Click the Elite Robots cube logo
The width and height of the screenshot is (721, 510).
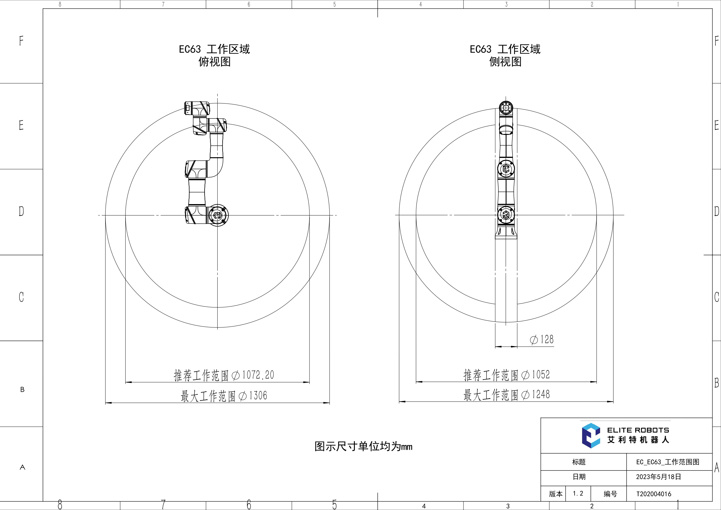pyautogui.click(x=591, y=436)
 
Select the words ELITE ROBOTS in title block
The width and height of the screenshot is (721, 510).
pyautogui.click(x=638, y=430)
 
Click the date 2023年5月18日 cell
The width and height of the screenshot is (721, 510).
pyautogui.click(x=659, y=477)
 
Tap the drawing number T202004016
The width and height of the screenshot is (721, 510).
pyautogui.click(x=654, y=494)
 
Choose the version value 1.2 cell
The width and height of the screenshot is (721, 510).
pyautogui.click(x=578, y=494)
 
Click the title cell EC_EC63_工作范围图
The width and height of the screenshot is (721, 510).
pyautogui.click(x=668, y=462)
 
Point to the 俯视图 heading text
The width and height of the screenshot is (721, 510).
pyautogui.click(x=214, y=62)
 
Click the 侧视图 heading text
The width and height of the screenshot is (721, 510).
pyautogui.click(x=505, y=62)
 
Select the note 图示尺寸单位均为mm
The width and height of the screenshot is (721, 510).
pyautogui.click(x=363, y=447)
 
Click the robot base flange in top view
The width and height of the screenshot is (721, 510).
pyautogui.click(x=218, y=215)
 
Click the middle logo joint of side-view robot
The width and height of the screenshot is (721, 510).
pyautogui.click(x=506, y=169)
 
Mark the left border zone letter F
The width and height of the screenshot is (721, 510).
pyautogui.click(x=21, y=41)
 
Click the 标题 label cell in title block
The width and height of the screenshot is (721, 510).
pyautogui.click(x=579, y=462)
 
